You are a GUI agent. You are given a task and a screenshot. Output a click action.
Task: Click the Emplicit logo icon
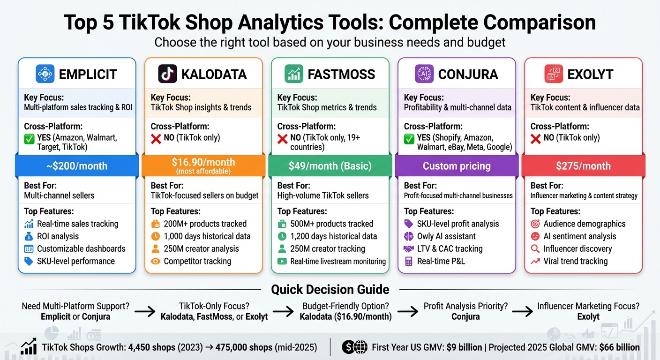pyautogui.click(x=45, y=74)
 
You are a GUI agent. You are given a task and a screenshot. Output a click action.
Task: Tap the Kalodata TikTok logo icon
pyautogui.click(x=168, y=74)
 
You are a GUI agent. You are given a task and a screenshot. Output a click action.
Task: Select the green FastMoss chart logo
pyautogui.click(x=294, y=74)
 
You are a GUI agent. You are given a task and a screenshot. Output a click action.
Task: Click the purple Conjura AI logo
pyautogui.click(x=424, y=74)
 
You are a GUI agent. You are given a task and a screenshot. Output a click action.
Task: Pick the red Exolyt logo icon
pyautogui.click(x=554, y=74)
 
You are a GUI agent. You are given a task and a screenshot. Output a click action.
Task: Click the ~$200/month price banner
pyautogui.click(x=77, y=166)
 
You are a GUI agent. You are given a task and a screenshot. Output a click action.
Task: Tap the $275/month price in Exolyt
pyautogui.click(x=583, y=166)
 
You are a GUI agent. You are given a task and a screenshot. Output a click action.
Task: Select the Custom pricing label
pyautogui.click(x=457, y=166)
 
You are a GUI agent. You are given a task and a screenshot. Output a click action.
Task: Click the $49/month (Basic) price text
pyautogui.click(x=330, y=166)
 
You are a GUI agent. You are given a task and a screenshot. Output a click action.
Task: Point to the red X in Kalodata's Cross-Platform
pyautogui.click(x=156, y=138)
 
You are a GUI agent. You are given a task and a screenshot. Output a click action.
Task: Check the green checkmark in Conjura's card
pyautogui.click(x=409, y=138)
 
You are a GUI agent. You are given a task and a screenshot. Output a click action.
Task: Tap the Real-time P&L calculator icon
pyautogui.click(x=409, y=261)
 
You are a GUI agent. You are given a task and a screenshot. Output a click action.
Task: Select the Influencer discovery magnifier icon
pyautogui.click(x=535, y=249)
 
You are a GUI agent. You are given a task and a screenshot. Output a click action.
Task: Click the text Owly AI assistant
pyautogui.click(x=446, y=236)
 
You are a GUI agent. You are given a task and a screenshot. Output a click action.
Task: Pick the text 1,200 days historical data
pyautogui.click(x=333, y=236)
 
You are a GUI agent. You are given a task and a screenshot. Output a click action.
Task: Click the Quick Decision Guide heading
pyautogui.click(x=330, y=289)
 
